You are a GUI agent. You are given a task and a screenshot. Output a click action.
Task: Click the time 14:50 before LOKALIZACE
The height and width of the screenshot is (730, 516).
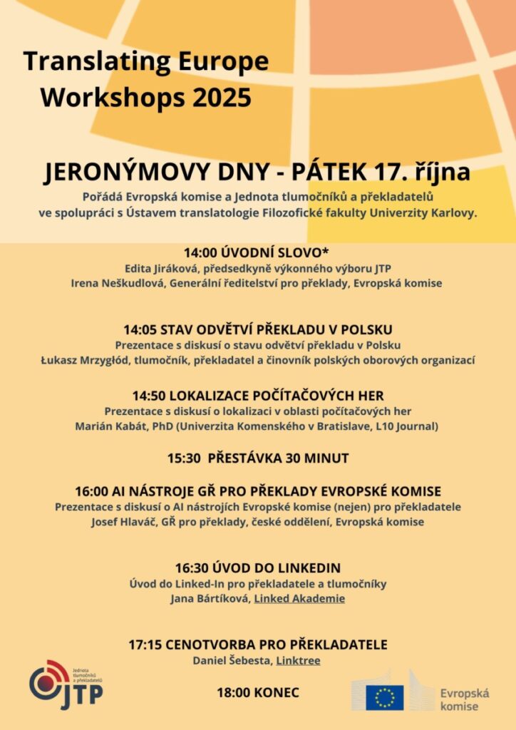tap(149, 395)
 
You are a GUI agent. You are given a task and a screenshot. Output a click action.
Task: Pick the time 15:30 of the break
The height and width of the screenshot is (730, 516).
tap(184, 458)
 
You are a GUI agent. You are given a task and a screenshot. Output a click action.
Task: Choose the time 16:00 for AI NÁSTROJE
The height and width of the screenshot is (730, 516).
tap(92, 491)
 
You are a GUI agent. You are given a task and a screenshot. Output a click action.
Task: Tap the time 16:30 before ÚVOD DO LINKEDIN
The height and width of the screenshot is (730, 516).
tap(192, 568)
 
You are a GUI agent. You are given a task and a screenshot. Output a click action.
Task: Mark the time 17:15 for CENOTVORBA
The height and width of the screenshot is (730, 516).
tap(145, 644)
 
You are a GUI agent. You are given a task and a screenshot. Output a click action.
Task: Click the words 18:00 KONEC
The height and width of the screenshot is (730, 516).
tap(258, 692)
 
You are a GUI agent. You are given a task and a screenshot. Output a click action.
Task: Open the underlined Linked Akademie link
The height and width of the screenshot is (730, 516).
tap(299, 599)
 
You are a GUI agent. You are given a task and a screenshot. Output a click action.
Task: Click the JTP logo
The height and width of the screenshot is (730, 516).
tap(66, 685)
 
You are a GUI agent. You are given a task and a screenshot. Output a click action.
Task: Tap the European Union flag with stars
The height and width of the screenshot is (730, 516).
tap(385, 697)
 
